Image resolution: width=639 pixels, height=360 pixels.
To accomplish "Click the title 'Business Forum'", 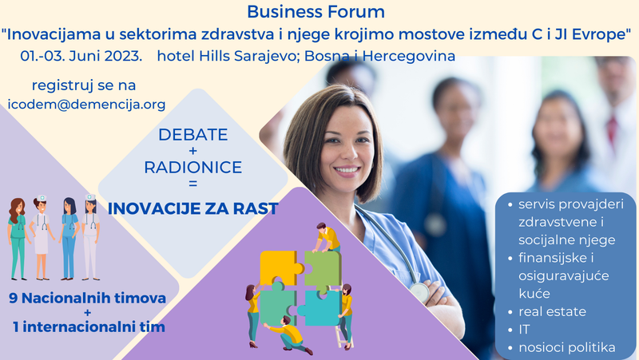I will click(316, 12).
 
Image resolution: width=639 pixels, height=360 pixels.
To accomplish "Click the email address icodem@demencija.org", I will click(86, 105).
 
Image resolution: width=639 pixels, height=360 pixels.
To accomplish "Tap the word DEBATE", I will click(192, 135).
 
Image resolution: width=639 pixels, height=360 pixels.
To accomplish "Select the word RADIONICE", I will click(192, 168).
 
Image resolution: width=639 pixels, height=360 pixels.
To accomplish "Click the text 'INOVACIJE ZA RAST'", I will click(192, 209).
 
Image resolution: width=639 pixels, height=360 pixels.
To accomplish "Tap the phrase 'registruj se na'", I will click(84, 85).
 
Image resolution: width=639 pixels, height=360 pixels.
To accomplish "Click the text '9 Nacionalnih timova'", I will click(89, 299).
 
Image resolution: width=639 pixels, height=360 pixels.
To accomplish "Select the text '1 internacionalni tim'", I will click(88, 327).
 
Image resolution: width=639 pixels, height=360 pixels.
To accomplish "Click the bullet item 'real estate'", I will click(552, 311).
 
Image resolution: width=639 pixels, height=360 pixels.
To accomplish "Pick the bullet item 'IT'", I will click(526, 329).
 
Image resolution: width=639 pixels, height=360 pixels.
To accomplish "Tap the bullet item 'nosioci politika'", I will click(566, 347).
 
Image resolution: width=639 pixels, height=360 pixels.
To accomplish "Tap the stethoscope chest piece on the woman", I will click(420, 292).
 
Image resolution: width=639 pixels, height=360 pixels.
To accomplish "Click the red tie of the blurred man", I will click(613, 128).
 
